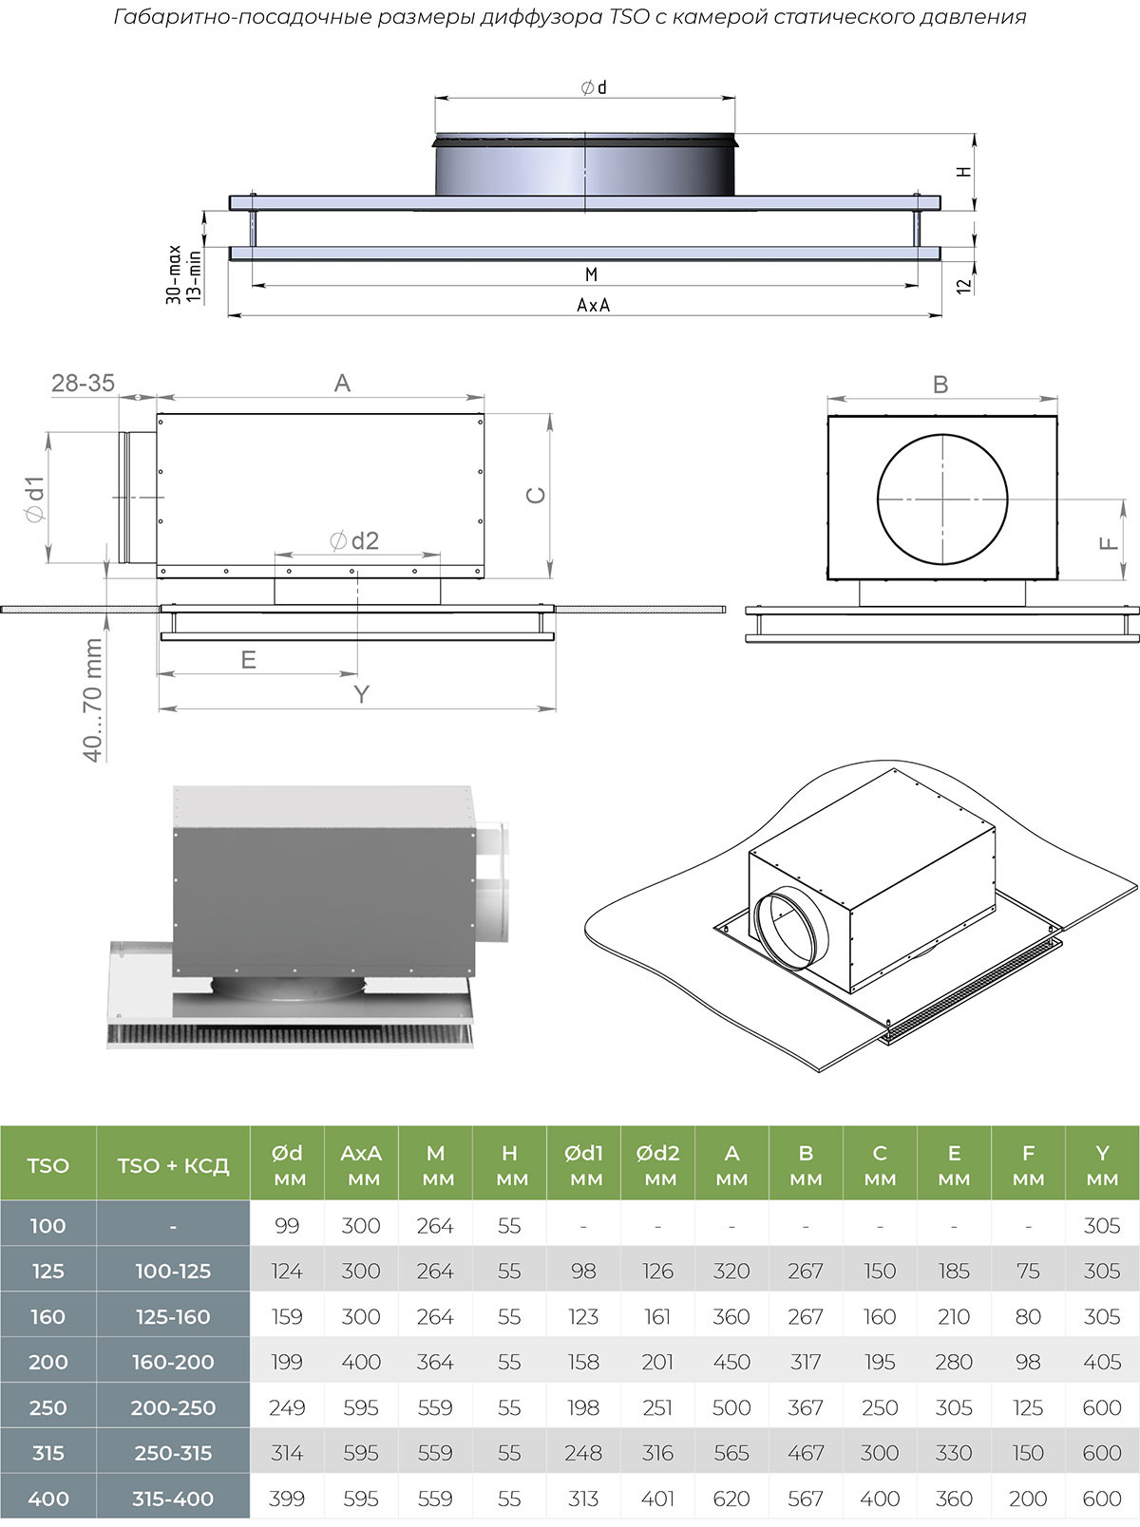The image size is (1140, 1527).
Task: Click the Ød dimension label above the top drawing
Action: tap(594, 87)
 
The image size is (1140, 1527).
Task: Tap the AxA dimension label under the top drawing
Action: tap(593, 305)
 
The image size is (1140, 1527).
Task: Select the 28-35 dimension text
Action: tap(83, 383)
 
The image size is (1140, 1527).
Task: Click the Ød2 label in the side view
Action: tap(354, 541)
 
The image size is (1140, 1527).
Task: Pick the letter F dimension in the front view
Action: tap(1109, 543)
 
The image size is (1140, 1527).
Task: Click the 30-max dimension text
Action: tap(174, 275)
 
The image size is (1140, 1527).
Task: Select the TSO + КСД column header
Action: tap(173, 1165)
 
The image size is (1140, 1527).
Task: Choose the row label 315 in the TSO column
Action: tap(47, 1453)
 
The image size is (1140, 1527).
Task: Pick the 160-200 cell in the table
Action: tap(173, 1362)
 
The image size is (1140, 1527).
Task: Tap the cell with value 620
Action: tap(731, 1499)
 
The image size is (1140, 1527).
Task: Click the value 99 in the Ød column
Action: tap(287, 1226)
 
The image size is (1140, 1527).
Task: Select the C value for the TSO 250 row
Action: tap(880, 1407)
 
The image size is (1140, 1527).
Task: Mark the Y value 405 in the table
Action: tap(1102, 1362)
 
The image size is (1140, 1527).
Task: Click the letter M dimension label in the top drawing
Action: tap(591, 274)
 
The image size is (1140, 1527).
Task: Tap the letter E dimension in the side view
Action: tap(249, 660)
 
